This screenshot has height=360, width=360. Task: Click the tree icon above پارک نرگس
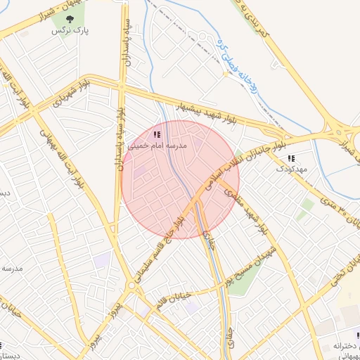coord(69,20)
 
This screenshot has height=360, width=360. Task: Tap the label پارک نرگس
coord(69,32)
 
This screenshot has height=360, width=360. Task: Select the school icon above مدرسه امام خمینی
coord(156,134)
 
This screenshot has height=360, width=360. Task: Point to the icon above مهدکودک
coord(291,158)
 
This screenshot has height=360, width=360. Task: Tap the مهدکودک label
coord(291,169)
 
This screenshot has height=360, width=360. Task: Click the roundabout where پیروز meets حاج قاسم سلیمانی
coord(131,286)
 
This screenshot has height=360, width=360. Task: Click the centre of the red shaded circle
coord(181,180)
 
